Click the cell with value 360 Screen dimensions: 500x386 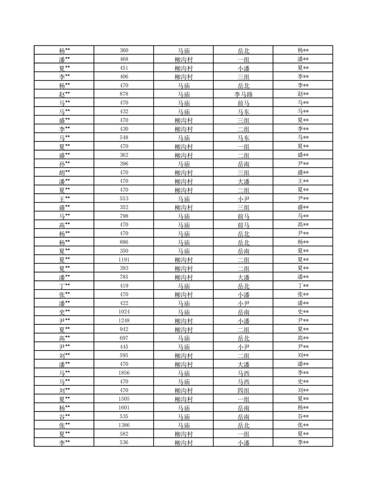coord(124,51)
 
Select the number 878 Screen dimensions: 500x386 coord(124,94)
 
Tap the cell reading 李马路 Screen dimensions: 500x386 coord(243,94)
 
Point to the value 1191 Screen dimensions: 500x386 coord(124,260)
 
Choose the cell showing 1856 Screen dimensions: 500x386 coord(124,373)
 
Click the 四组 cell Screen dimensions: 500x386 coord(243,391)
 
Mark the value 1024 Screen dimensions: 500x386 coord(124,312)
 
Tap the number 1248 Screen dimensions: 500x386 coord(124,321)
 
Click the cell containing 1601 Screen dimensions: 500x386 coord(124,408)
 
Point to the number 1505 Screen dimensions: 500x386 coord(124,399)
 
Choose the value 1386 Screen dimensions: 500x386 coord(124,425)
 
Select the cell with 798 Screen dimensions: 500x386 coord(124,216)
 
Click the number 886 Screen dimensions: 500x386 coord(124,242)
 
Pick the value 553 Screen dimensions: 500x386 coord(124,199)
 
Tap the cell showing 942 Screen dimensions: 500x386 coord(124,330)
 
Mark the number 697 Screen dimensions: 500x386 coord(124,338)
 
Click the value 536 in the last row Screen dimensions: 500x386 coord(124,443)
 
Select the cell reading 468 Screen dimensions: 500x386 coord(124,59)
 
